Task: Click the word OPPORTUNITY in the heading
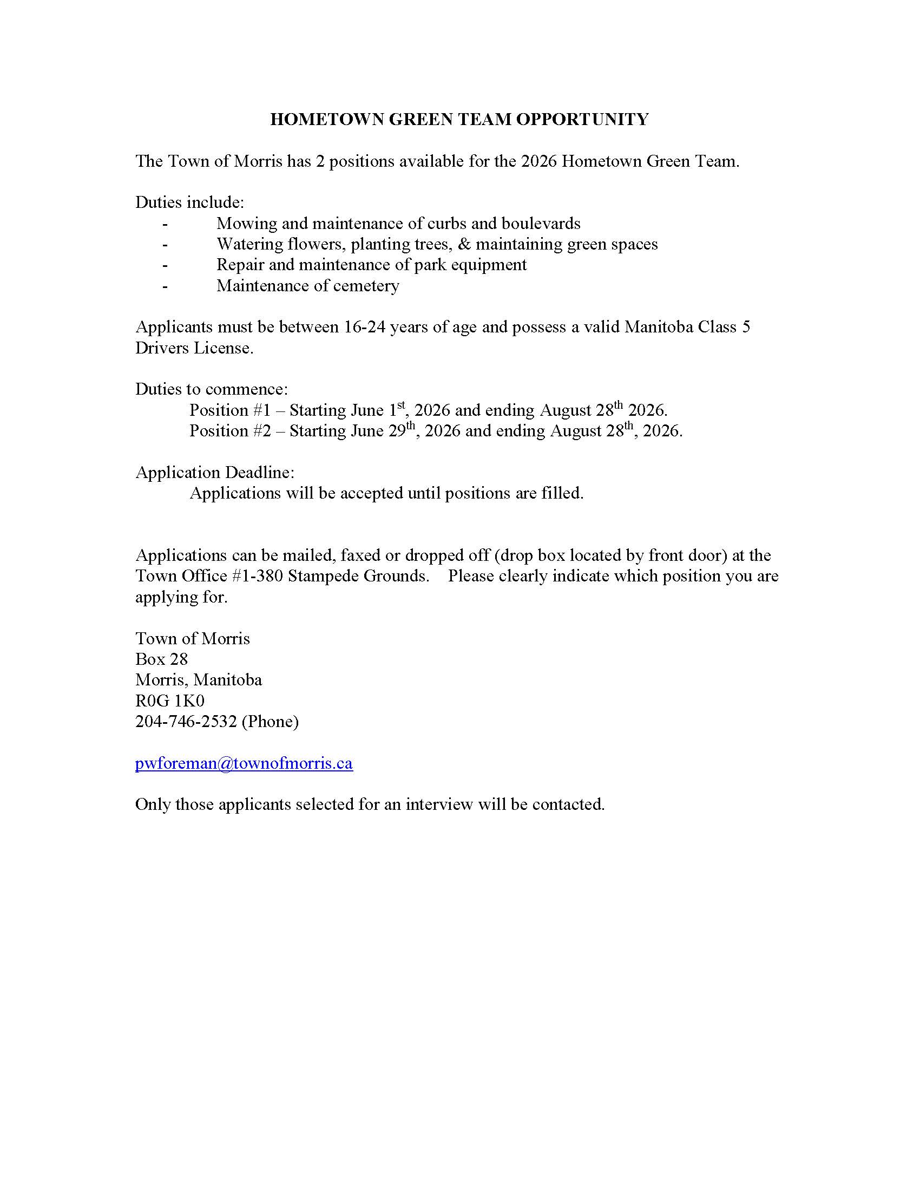582,119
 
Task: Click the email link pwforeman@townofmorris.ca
244,763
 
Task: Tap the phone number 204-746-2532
186,722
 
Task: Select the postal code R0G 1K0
169,701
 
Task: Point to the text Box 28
161,659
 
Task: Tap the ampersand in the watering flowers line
464,244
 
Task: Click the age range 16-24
365,326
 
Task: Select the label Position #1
230,410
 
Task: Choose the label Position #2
230,431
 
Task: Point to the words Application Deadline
215,472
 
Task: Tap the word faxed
362,555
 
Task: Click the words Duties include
189,202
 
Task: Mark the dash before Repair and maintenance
165,265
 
